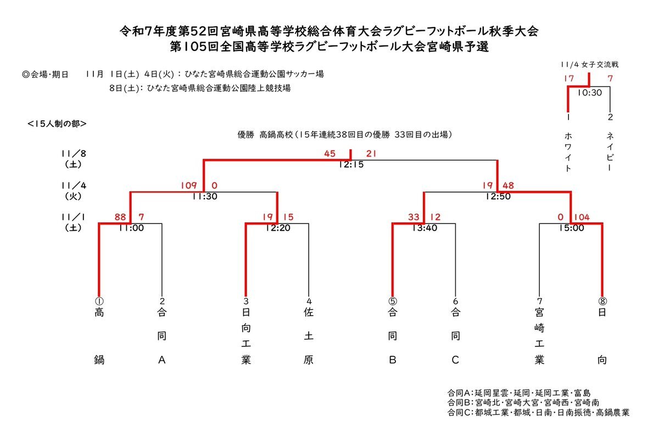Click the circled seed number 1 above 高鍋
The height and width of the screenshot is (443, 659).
pos(99,301)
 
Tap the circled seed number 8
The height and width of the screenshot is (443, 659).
pos(602,301)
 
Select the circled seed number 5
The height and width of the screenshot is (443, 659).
pos(392,301)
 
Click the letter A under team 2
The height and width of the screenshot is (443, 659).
pos(161,360)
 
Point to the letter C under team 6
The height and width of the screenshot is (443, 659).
pos(455,360)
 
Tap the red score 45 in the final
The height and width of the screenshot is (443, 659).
pos(329,154)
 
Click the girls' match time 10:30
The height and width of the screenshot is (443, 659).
pos(589,93)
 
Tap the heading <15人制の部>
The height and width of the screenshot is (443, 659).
pos(57,124)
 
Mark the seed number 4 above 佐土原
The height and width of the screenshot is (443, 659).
pos(309,301)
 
